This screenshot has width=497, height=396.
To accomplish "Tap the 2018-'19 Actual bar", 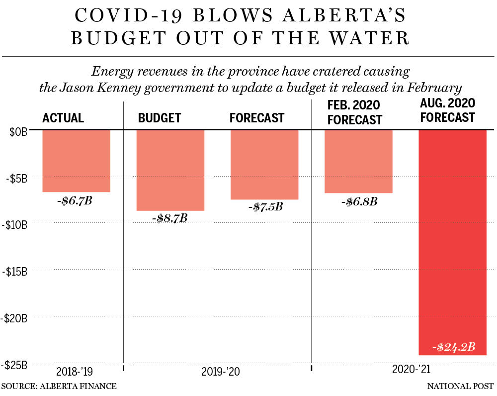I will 76,161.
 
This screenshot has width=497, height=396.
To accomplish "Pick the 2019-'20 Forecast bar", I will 264,165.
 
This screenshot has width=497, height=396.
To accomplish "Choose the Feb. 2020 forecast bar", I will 358,161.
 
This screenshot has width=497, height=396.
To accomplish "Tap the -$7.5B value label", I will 265,206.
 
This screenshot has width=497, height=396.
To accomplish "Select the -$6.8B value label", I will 359,201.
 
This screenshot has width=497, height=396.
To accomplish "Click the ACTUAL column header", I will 63,118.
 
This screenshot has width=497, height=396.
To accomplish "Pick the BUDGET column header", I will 160,118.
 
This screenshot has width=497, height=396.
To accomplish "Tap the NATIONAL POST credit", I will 460,386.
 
